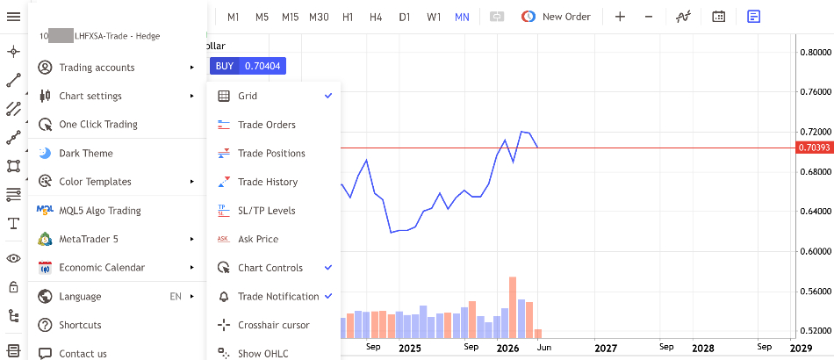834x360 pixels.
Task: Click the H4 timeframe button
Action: [x=376, y=17]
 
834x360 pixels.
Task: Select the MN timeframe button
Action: [x=462, y=17]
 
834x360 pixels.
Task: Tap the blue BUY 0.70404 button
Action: [x=248, y=66]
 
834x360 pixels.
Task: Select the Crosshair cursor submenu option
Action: [x=273, y=325]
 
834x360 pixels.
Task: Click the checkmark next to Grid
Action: [x=328, y=96]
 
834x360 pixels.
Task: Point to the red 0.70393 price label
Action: [x=814, y=148]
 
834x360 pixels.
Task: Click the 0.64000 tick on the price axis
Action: [x=816, y=212]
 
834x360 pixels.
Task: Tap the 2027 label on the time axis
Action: [x=606, y=349]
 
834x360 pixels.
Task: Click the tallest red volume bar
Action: [x=513, y=307]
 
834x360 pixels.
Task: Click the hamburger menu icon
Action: [x=13, y=17]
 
